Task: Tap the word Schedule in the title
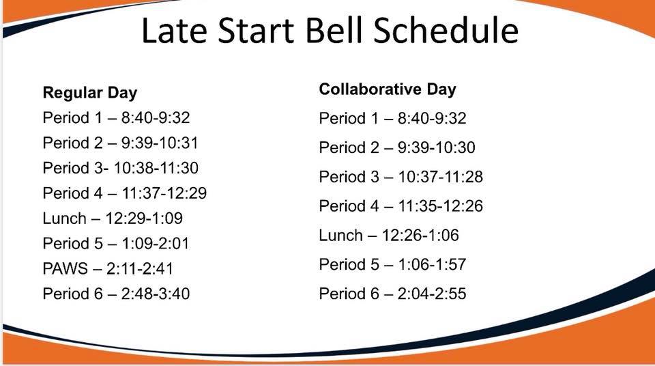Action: pyautogui.click(x=446, y=31)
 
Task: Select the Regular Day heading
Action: pyautogui.click(x=90, y=93)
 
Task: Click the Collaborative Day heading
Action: pyautogui.click(x=388, y=89)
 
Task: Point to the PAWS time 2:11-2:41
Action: pyautogui.click(x=139, y=268)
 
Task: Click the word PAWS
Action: pyautogui.click(x=65, y=268)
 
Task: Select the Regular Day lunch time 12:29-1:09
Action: pyautogui.click(x=144, y=219)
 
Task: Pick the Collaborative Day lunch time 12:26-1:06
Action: pyautogui.click(x=420, y=235)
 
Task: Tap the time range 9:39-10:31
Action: pyautogui.click(x=160, y=143)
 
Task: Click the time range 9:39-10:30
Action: pyautogui.click(x=436, y=147)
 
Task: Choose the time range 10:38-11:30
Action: pyautogui.click(x=156, y=168)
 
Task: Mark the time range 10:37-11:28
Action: pyautogui.click(x=440, y=177)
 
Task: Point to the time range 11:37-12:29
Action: pyautogui.click(x=164, y=193)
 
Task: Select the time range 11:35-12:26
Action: pyautogui.click(x=440, y=206)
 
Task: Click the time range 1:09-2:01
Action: pyautogui.click(x=156, y=244)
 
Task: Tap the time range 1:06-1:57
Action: pyautogui.click(x=432, y=264)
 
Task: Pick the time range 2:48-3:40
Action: pyautogui.click(x=156, y=294)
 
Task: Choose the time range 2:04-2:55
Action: pyautogui.click(x=431, y=294)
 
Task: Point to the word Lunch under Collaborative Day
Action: pyautogui.click(x=341, y=235)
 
